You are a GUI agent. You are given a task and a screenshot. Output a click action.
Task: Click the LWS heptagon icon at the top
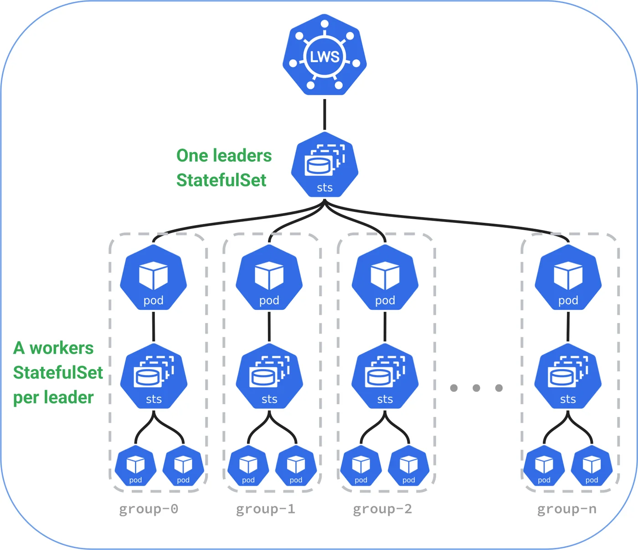[324, 55]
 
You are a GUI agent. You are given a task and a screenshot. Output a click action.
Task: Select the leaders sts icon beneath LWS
[324, 164]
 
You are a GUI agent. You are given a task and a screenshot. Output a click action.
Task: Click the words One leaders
[224, 155]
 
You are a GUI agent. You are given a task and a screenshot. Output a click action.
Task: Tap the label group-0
[149, 509]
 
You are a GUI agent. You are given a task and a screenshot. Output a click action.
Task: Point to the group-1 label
[265, 509]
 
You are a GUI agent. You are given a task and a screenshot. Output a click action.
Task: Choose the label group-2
[382, 509]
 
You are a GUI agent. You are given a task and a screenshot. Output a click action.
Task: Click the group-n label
[567, 509]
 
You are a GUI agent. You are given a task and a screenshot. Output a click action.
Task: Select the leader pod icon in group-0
[154, 277]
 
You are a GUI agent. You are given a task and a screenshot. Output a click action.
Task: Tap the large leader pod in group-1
[269, 277]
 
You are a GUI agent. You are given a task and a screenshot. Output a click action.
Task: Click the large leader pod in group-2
[385, 277]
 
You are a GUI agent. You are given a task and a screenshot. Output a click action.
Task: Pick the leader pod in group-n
[568, 277]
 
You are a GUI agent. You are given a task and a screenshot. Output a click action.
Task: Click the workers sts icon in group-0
[154, 376]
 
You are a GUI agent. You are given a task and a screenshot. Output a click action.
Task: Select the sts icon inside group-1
[269, 376]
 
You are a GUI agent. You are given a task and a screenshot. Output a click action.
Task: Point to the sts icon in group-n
[568, 376]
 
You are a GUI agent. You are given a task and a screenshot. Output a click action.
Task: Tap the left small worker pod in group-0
[135, 465]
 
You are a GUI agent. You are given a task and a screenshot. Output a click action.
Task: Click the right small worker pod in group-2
[409, 465]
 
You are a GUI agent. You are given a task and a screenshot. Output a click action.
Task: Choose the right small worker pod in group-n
[592, 465]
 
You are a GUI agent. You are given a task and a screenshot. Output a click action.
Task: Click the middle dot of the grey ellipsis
[476, 388]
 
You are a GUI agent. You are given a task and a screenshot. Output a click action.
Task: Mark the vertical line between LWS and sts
[324, 114]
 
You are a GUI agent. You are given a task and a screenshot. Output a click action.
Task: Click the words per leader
[53, 398]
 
